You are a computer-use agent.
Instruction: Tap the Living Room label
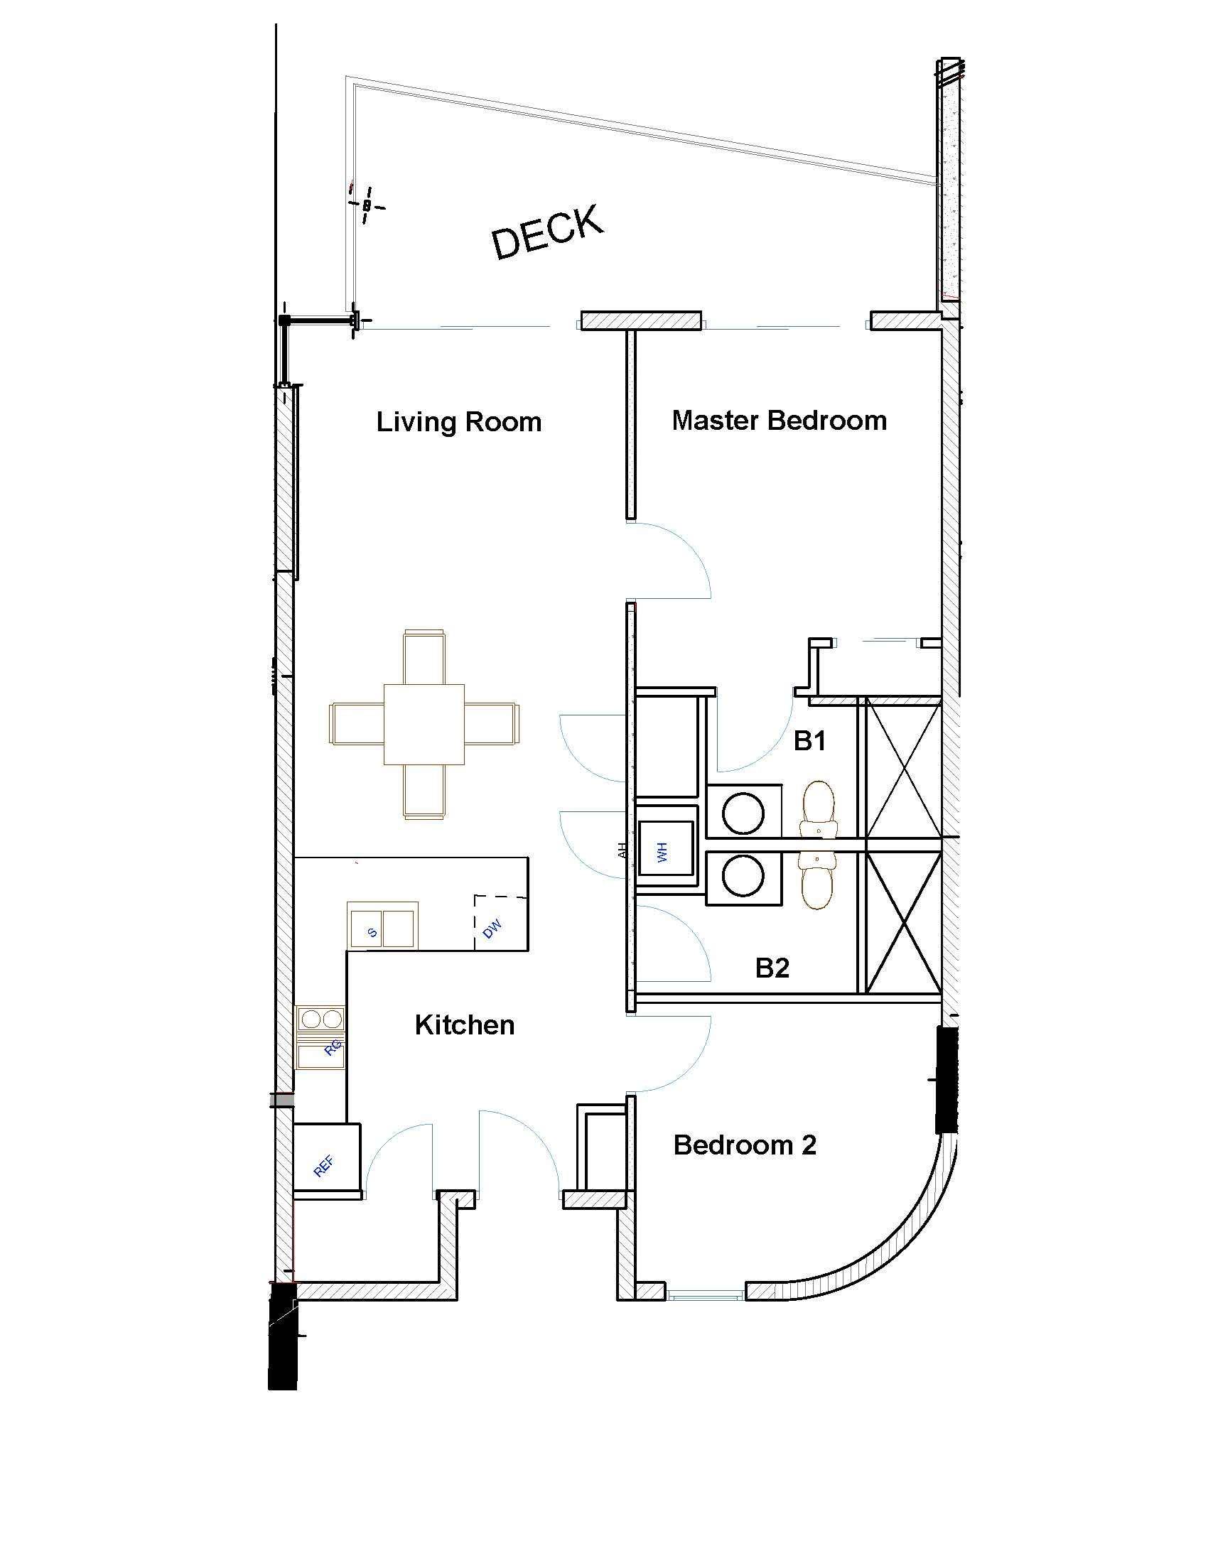click(459, 421)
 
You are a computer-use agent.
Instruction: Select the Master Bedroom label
click(780, 420)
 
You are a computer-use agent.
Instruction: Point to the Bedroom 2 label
click(745, 1145)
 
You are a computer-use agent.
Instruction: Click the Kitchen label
click(465, 1024)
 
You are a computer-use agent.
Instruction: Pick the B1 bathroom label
click(810, 741)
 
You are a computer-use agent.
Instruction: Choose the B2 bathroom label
click(772, 968)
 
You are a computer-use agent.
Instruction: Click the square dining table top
click(424, 724)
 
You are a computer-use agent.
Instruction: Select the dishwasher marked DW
click(501, 922)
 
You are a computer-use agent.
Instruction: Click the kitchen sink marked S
click(382, 926)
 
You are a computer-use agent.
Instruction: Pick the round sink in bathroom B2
click(743, 875)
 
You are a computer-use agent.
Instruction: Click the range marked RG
click(320, 1037)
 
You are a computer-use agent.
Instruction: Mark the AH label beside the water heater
click(622, 851)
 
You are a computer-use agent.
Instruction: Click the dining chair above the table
click(424, 657)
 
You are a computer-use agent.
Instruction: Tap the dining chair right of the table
click(492, 724)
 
